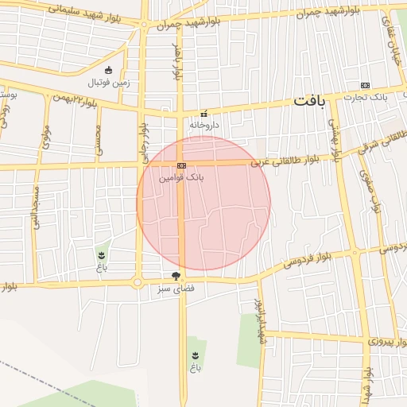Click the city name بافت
[x=310, y=102]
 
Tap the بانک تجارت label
[x=365, y=97]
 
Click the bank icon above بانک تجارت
[x=365, y=85]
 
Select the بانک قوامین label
[x=182, y=177]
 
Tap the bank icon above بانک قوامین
[x=182, y=165]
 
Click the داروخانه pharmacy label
[x=204, y=125]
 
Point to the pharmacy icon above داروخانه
[x=204, y=113]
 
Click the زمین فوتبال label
[x=107, y=82]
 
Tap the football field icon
[x=108, y=70]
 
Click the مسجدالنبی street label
[x=36, y=207]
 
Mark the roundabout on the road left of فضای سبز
[x=138, y=282]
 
